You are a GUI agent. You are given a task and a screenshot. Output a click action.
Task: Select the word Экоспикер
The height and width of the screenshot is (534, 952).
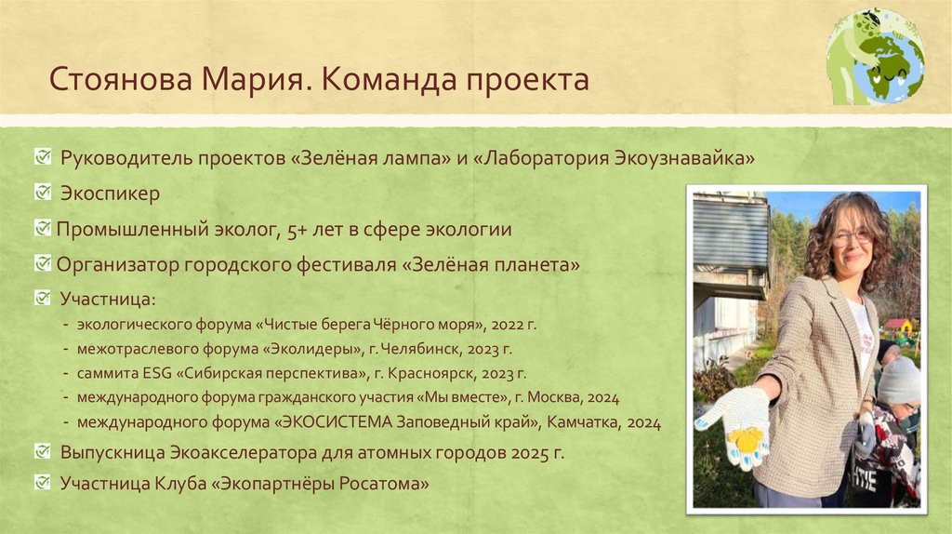click(111, 194)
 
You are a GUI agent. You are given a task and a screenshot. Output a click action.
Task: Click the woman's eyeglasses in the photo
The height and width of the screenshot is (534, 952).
click(852, 236)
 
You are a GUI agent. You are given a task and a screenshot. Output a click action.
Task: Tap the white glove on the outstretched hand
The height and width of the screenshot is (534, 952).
click(734, 424)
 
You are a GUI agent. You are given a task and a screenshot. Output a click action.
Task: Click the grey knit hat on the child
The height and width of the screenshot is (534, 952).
click(899, 380)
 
